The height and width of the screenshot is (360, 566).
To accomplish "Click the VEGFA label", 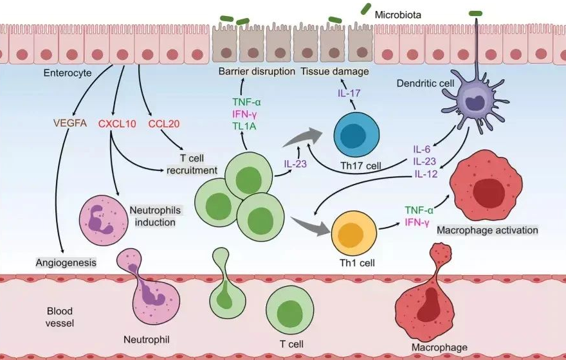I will click(x=71, y=123).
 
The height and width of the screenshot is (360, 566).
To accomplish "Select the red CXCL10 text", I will click(x=117, y=123).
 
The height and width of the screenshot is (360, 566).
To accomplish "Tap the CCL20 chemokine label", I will click(x=163, y=123).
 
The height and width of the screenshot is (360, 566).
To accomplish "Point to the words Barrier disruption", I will click(x=257, y=71).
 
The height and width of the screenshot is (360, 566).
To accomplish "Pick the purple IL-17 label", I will click(x=349, y=94).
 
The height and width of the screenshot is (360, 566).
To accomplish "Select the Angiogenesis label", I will click(x=66, y=262).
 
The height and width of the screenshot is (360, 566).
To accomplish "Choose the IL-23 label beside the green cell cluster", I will click(x=297, y=163).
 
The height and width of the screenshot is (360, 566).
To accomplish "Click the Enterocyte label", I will click(x=67, y=73).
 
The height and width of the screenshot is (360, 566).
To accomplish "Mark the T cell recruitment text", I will click(x=192, y=164).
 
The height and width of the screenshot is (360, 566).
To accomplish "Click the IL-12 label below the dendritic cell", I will click(x=426, y=174).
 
